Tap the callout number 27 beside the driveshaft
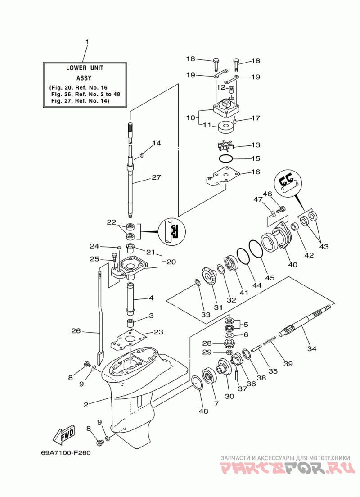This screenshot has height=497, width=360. (156, 177)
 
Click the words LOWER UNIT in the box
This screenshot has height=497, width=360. (85, 68)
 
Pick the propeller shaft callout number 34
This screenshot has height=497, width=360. (312, 348)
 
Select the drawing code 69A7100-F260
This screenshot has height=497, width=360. (66, 452)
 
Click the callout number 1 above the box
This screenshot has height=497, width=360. (87, 41)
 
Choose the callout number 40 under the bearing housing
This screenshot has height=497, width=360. (293, 264)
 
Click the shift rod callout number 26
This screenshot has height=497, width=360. (76, 331)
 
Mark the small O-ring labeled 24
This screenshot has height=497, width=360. (119, 247)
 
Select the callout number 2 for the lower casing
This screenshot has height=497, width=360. (86, 405)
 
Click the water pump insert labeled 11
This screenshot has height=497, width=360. (226, 127)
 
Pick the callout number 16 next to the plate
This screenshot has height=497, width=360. (256, 172)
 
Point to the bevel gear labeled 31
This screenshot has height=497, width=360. (208, 276)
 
